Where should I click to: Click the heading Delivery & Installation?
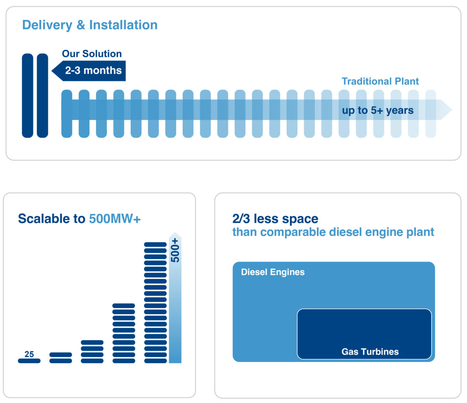tap(90, 25)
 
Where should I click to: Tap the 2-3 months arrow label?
tap(93, 70)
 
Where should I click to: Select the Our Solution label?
tap(92, 54)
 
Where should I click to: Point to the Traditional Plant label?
tap(380, 81)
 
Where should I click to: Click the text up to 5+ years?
tap(377, 111)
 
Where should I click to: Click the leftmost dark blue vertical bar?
tap(28, 95)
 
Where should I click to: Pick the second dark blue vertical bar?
tap(42, 95)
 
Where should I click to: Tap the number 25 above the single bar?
tap(29, 354)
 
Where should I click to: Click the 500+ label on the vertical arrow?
tap(176, 250)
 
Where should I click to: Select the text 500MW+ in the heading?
tap(115, 219)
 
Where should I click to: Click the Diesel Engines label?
tap(273, 272)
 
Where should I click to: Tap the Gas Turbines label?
tap(370, 352)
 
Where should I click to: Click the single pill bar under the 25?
tap(29, 361)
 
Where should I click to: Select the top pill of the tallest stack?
tap(155, 245)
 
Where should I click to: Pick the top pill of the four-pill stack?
tap(92, 343)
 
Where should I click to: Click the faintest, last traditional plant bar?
tap(430, 114)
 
